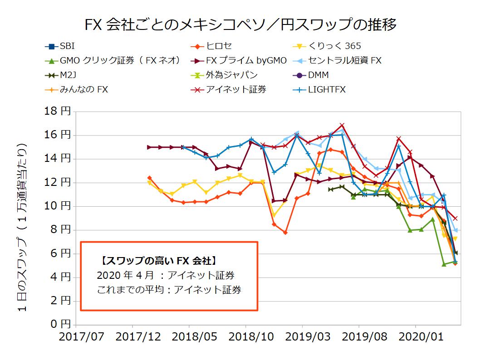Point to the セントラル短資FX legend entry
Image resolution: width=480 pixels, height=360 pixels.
pyautogui.click(x=345, y=60)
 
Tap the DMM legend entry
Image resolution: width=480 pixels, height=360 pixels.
pyautogui.click(x=318, y=75)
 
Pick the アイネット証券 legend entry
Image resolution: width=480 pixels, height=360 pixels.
pyautogui.click(x=236, y=89)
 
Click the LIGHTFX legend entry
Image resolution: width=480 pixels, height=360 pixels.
pyautogui.click(x=327, y=89)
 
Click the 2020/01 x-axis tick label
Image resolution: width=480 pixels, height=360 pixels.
pyautogui.click(x=416, y=337)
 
